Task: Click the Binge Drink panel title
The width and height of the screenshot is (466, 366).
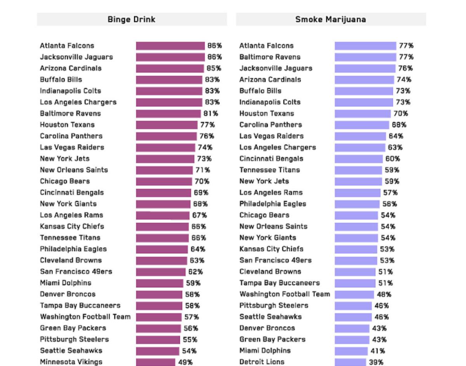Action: click(131, 19)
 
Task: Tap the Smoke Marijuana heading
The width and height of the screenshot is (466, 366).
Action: click(330, 19)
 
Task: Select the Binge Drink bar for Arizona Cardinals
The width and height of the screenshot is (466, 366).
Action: click(170, 68)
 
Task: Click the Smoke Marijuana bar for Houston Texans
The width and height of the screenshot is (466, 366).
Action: click(363, 114)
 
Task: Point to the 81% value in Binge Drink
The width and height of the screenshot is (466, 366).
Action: click(210, 114)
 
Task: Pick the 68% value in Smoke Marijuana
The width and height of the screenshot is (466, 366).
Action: click(399, 125)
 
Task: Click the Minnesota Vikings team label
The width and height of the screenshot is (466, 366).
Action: click(71, 362)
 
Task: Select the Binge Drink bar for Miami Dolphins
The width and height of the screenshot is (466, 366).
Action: click(159, 283)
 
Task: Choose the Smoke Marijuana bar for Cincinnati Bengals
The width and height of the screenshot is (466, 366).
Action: click(358, 159)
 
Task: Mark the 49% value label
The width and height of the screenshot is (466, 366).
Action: click(185, 362)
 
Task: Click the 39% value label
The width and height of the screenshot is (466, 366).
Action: click(375, 362)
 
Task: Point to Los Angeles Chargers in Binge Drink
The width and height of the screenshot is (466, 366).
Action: click(78, 102)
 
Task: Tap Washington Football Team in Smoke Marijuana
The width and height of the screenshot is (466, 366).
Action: click(285, 294)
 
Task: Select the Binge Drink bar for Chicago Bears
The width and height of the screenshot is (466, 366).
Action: click(164, 181)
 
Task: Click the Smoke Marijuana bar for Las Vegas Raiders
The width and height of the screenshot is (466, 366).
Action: click(360, 136)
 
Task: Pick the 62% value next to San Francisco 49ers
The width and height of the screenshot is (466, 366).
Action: click(195, 272)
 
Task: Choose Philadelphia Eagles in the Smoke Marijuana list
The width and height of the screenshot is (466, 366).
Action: click(273, 204)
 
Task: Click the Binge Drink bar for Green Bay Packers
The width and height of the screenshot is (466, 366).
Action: click(159, 328)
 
